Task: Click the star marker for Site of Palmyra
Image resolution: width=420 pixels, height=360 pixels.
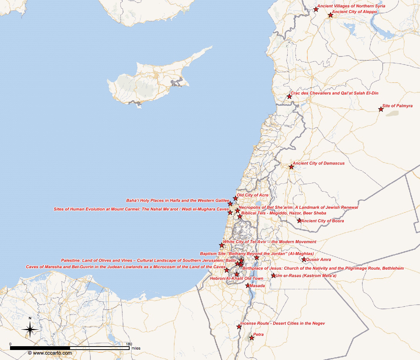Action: coord(381,109)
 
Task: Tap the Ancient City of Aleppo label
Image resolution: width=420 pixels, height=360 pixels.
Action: coord(355,12)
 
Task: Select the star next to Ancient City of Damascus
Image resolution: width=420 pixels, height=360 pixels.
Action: coord(292,167)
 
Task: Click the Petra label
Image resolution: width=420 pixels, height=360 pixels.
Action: coord(258,335)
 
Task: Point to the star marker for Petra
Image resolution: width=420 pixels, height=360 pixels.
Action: coord(252,338)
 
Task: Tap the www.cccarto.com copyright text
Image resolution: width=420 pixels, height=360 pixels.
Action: coord(50,353)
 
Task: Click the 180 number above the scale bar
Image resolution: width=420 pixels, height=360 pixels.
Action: coord(129,344)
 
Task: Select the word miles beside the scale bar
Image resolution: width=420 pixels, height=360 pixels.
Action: coord(136,348)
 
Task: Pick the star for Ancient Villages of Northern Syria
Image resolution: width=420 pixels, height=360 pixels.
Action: coord(316,9)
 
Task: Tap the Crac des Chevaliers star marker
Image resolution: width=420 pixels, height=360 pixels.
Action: coord(289,96)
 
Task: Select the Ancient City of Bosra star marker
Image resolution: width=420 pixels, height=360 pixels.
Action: coord(299,221)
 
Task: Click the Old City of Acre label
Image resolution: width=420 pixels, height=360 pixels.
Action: coord(252,195)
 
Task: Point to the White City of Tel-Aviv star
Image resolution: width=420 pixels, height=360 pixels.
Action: coord(222,245)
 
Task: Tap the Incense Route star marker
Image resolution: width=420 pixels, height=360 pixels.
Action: coord(239,327)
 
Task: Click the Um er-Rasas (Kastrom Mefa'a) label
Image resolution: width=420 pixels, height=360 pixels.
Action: coord(303,276)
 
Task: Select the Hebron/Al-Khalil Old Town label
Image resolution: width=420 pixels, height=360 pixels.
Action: coord(236,279)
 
